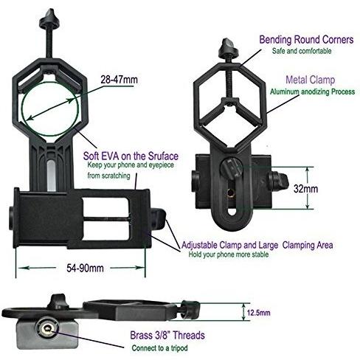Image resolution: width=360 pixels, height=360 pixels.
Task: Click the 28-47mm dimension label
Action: (120, 80)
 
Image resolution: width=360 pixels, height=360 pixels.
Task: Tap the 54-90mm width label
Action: (85, 268)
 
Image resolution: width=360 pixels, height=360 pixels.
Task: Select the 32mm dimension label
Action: (306, 189)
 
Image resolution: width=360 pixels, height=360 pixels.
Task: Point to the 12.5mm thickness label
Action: (259, 313)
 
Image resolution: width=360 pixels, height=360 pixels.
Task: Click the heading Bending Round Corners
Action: (306, 39)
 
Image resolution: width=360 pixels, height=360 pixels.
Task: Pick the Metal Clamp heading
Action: (311, 80)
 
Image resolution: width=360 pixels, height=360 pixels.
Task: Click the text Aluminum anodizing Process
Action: (313, 91)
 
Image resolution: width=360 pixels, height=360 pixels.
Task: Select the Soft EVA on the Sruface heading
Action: (131, 156)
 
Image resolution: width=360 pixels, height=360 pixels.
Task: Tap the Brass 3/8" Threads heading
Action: (167, 335)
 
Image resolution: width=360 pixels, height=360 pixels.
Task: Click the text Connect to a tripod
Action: (159, 348)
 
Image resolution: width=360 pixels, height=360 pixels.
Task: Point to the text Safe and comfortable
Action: (302, 51)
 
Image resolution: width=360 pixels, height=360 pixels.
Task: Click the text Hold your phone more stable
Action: (229, 255)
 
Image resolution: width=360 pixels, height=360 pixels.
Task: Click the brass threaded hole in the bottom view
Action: (47, 328)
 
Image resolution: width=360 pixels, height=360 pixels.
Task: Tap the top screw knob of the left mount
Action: (49, 18)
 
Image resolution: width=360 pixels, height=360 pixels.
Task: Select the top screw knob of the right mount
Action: (229, 47)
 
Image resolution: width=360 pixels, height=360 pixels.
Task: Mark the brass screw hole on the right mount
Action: (231, 194)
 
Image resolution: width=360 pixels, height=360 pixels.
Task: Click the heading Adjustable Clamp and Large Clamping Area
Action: (257, 245)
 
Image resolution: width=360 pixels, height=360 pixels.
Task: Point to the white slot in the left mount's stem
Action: (51, 175)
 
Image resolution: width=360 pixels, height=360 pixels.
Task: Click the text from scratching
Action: (108, 176)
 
